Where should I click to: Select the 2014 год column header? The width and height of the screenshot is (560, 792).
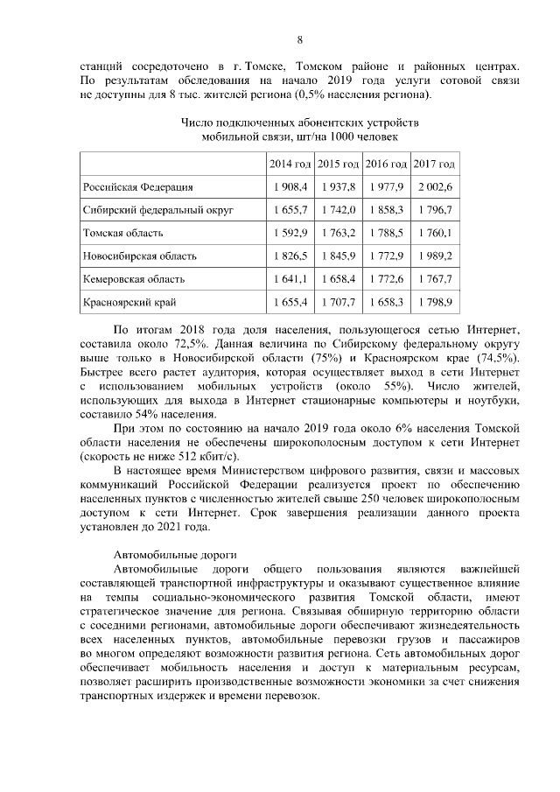pyautogui.click(x=290, y=165)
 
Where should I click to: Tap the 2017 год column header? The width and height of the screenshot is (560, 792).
pyautogui.click(x=434, y=165)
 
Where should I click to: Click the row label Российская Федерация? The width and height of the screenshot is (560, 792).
pyautogui.click(x=137, y=187)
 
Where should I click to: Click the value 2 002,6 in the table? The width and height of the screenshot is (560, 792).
pyautogui.click(x=434, y=187)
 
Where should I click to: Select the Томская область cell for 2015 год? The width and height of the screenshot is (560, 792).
pyautogui.click(x=338, y=234)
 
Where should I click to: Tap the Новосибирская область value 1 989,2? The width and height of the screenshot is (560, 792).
pyautogui.click(x=434, y=256)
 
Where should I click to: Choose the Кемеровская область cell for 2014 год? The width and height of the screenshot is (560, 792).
pyautogui.click(x=290, y=279)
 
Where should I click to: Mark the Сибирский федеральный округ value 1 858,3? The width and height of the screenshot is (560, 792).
pyautogui.click(x=386, y=211)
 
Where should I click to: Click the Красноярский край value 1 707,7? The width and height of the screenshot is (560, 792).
pyautogui.click(x=338, y=303)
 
